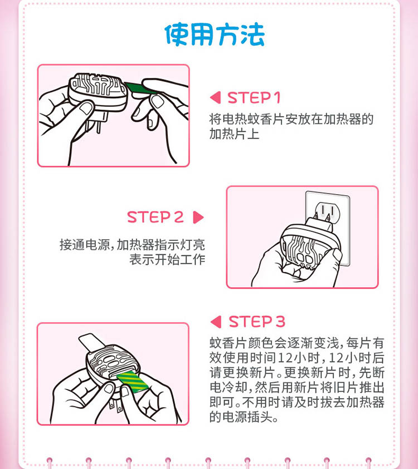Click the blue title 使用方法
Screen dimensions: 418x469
pos(215,35)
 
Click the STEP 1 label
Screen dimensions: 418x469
pos(254,97)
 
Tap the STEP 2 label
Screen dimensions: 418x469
pos(155,217)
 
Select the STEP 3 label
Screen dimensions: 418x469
pos(257,322)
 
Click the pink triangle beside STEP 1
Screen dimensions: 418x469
pos(216,97)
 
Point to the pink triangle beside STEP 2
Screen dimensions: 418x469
pos(198,217)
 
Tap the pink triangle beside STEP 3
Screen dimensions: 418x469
pos(216,322)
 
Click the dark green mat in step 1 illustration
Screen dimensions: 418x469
pos(140,88)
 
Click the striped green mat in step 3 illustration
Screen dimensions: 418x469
pos(132,381)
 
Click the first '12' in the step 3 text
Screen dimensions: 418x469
pos(284,358)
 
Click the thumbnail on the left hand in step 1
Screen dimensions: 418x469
pos(88,107)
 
